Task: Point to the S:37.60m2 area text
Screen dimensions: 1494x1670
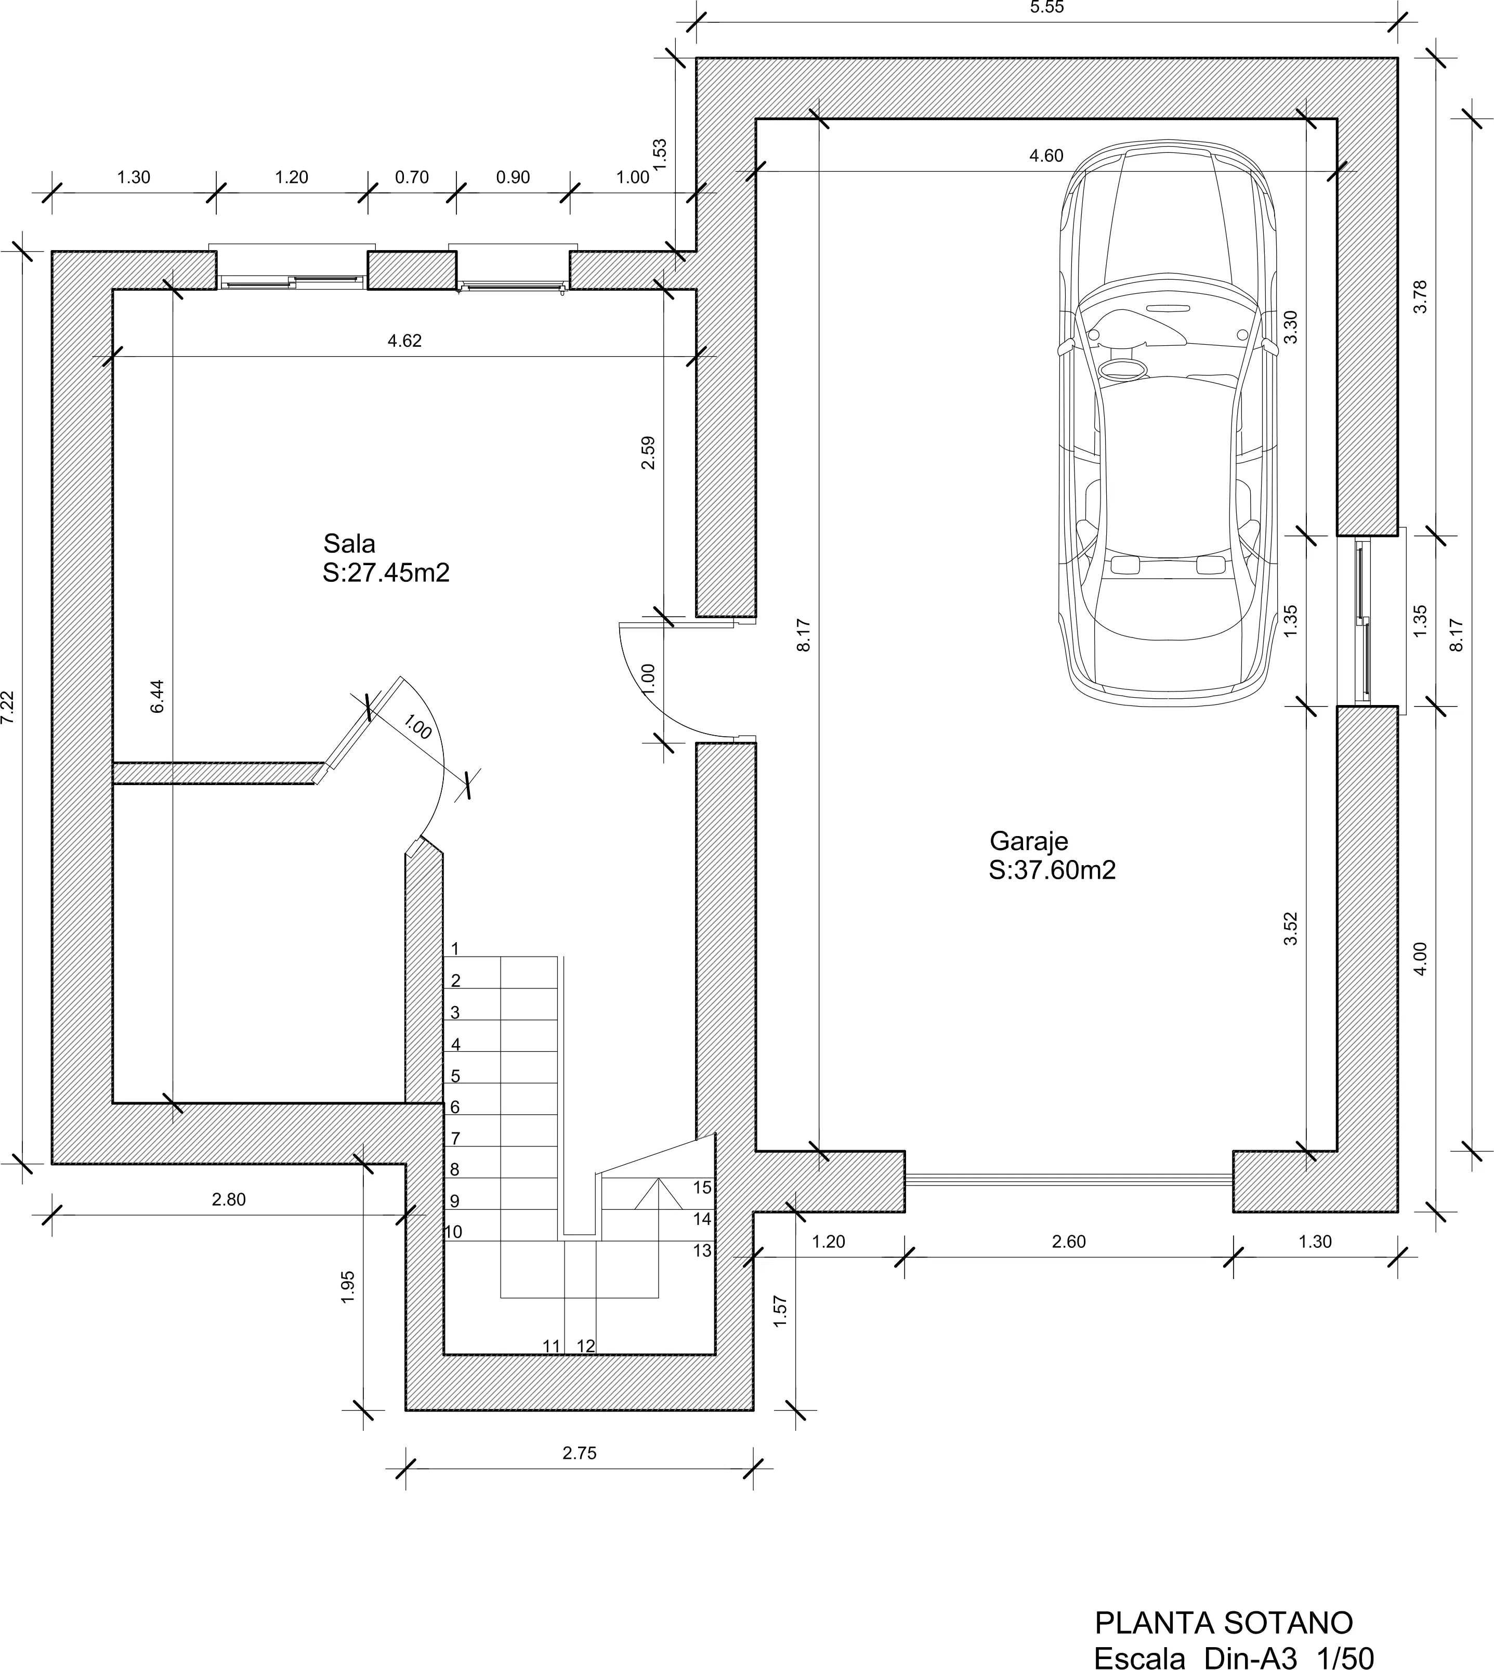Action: [x=1052, y=870]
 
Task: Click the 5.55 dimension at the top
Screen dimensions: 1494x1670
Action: [x=1046, y=7]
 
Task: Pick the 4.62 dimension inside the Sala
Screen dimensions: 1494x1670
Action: [x=405, y=341]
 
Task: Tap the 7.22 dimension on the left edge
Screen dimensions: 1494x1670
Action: [x=7, y=707]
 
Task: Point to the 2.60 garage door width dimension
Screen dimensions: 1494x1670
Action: [x=1069, y=1242]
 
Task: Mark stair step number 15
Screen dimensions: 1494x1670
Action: [x=702, y=1187]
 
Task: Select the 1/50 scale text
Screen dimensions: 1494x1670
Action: [x=1345, y=1636]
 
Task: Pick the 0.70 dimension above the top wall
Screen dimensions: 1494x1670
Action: [x=412, y=177]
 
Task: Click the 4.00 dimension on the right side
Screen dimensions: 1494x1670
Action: [x=1421, y=959]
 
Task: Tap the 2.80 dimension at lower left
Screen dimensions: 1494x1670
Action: [x=229, y=1199]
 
